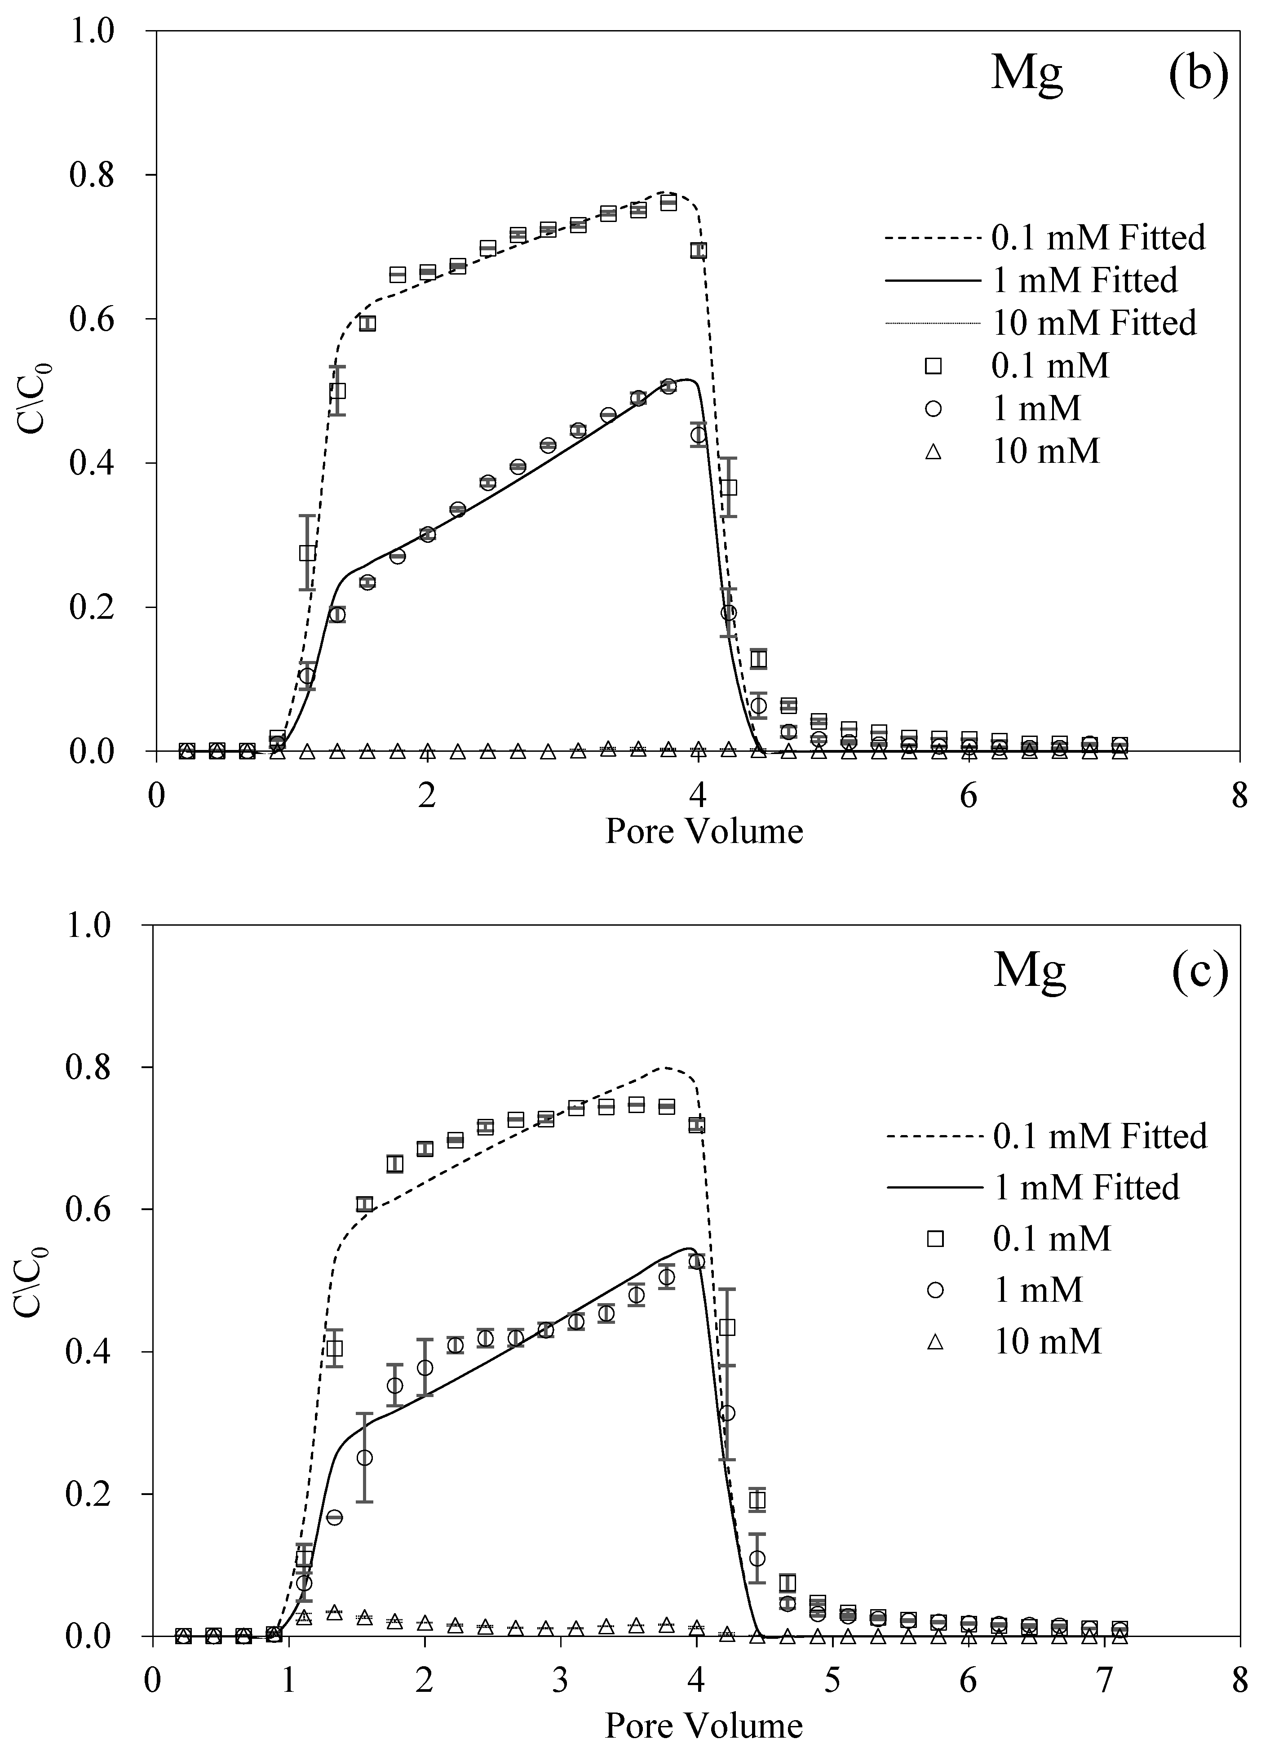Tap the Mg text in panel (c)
1029,970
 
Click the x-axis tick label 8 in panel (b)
1239,796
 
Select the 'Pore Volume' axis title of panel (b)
704,832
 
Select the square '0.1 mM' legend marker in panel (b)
934,365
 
